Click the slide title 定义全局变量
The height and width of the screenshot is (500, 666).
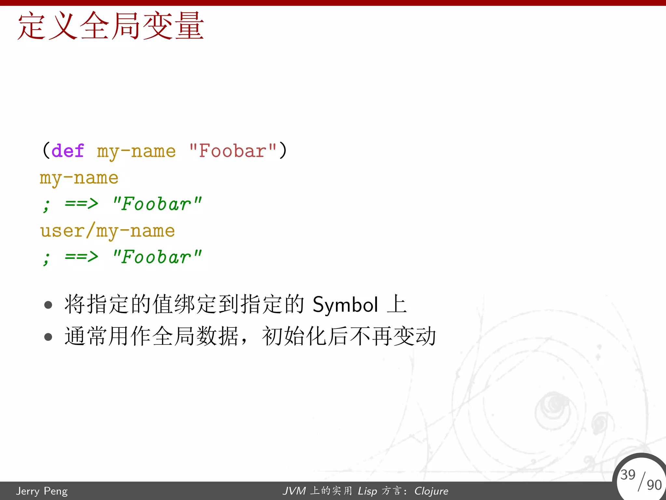coord(111,26)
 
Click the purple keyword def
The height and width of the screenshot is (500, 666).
coord(68,151)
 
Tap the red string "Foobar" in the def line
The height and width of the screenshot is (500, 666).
coord(233,151)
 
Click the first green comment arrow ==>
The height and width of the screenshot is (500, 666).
coord(81,204)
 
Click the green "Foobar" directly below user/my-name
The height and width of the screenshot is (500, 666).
coord(157,257)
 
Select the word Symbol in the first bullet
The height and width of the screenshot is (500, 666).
coord(345,305)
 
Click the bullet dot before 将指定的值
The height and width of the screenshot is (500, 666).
coord(48,305)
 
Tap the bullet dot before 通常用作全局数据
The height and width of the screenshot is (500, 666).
coord(48,337)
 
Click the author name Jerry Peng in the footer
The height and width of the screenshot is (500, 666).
coord(42,491)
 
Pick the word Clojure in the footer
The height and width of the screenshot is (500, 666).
coord(431,491)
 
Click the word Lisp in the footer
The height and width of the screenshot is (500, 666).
coord(367,491)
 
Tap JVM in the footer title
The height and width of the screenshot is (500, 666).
coord(294,491)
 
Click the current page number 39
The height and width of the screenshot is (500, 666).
coord(628,475)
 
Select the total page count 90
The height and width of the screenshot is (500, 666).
coord(654,485)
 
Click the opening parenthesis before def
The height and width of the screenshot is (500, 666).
coord(46,150)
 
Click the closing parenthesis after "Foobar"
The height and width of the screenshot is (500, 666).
coord(283,150)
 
